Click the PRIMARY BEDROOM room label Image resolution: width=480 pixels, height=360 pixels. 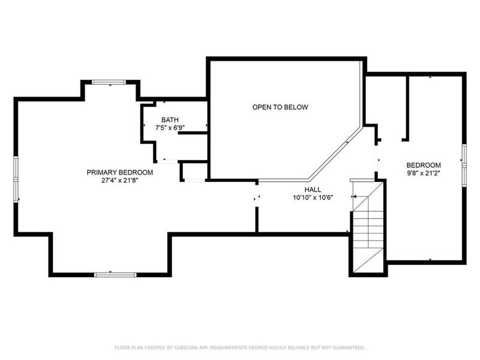[119, 172]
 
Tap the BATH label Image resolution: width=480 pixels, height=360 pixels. [169, 120]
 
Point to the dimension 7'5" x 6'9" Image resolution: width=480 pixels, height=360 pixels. [169, 128]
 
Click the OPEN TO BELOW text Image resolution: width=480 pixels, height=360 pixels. [280, 107]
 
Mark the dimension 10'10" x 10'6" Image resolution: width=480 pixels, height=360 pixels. [313, 197]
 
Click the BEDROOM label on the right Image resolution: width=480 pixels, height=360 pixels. [424, 166]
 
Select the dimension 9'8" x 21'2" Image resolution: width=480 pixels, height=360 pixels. [424, 174]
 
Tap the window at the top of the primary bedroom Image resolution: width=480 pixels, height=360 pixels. [109, 83]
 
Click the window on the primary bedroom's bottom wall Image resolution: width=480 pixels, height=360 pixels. [112, 274]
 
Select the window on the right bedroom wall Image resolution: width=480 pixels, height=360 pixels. [463, 162]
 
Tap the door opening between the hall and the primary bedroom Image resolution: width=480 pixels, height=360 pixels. [257, 199]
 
